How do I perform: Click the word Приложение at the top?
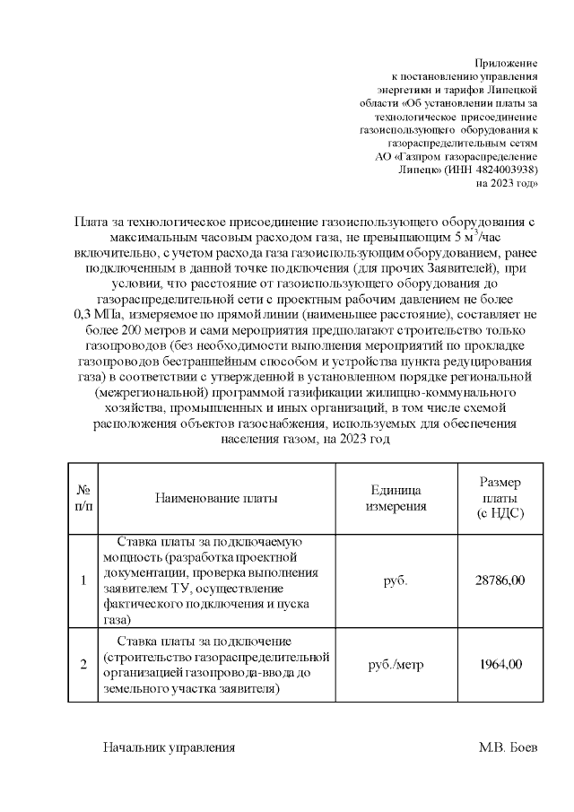click(x=506, y=64)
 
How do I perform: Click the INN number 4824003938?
click(x=504, y=169)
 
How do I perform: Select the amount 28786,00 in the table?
click(x=500, y=581)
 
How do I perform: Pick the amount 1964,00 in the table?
click(x=500, y=665)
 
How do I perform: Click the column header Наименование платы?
click(x=216, y=498)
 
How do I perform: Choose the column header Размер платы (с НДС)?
click(x=500, y=498)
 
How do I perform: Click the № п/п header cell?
click(x=83, y=498)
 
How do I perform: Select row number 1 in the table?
click(x=83, y=581)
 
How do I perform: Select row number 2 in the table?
click(x=83, y=665)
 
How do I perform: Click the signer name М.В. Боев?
click(x=509, y=747)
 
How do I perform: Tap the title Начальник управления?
click(x=170, y=747)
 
